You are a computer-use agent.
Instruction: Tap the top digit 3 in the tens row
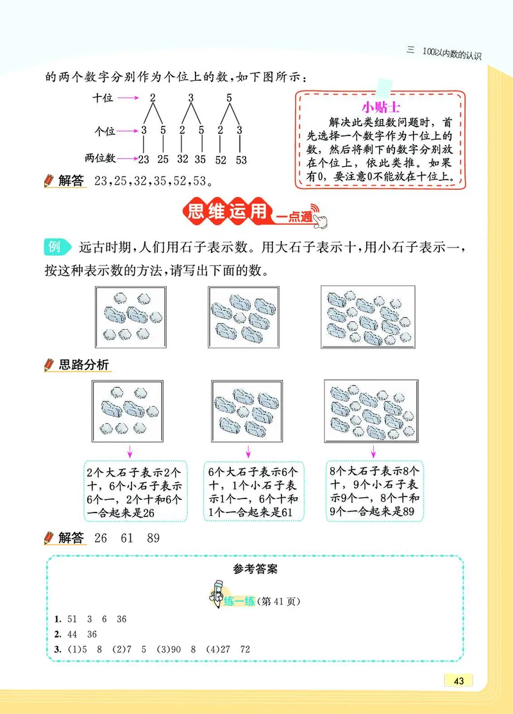click(191, 98)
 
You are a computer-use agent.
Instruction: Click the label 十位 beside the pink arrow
click(103, 98)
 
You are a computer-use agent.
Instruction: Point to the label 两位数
click(99, 158)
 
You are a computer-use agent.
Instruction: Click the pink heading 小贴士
click(380, 106)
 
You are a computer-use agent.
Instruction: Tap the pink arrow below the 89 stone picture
click(373, 449)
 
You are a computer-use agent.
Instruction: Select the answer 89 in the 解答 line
click(153, 538)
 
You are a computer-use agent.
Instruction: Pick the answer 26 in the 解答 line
click(101, 538)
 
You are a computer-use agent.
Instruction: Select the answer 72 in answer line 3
click(244, 649)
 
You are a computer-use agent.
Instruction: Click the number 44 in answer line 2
click(72, 634)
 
